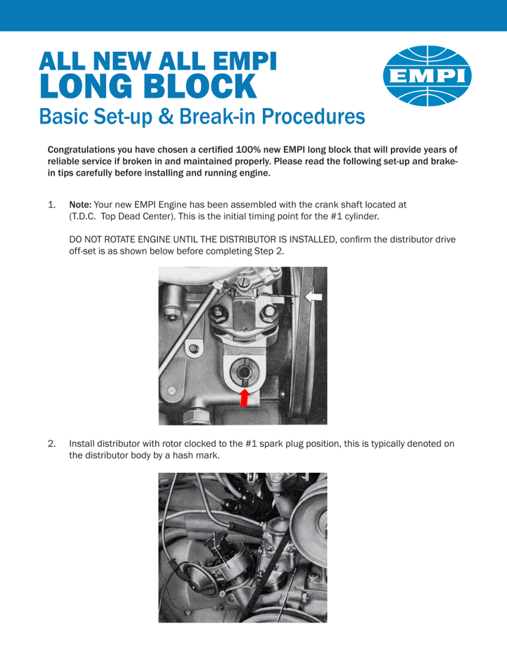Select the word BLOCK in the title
[200, 87]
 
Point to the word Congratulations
[81, 150]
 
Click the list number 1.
[51, 204]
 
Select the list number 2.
[51, 443]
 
